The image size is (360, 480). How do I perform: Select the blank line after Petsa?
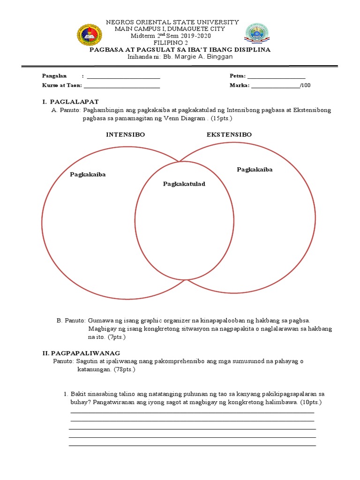coord(276,77)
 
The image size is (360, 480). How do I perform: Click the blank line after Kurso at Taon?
coord(121,86)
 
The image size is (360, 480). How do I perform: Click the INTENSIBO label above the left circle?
coord(125,135)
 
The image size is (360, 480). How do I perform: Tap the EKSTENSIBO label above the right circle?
coord(229,135)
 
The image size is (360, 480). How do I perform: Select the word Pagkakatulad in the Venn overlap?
coord(184,184)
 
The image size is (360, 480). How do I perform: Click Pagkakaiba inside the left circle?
coord(88,174)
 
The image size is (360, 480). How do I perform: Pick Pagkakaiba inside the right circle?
coord(255,169)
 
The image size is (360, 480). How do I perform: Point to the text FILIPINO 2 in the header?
coord(173,43)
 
